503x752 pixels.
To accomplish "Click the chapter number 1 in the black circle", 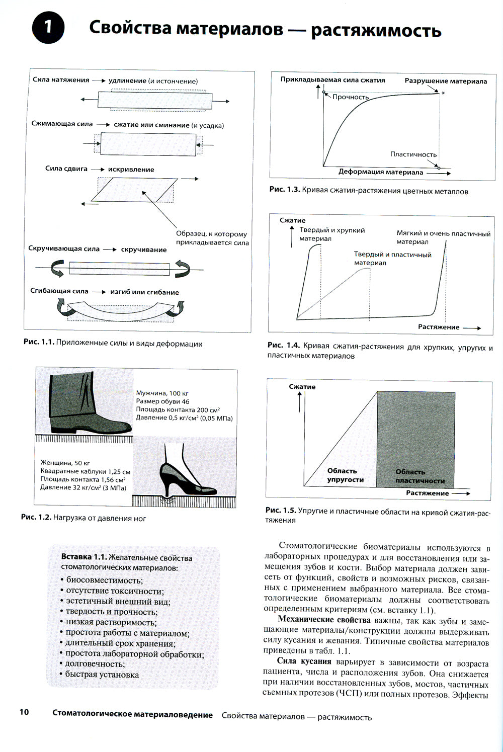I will pos(48,27).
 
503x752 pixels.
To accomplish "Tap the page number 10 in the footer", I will pos(24,712).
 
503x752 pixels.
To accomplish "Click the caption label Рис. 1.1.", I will pos(38,344).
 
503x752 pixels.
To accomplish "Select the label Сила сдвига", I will pos(66,169).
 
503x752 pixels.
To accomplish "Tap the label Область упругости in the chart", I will pos(345,475).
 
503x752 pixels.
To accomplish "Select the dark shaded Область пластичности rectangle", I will pos(416,438).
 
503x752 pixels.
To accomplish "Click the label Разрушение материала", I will pos(446,81).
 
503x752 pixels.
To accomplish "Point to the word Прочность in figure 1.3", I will pos(351,97).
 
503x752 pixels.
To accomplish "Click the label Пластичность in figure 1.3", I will pos(413,154).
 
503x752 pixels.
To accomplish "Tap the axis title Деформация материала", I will pos(381,172).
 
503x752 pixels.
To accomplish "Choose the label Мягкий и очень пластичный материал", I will pos(443,237).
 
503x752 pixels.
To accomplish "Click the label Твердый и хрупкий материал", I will pos(332,234).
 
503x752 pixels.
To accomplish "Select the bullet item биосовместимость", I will pos(104,580).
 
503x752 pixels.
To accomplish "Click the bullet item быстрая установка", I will pos(102,675).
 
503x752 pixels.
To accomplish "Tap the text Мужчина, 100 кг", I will pos(162,393).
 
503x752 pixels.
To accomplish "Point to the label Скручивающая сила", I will pos(64,248).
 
